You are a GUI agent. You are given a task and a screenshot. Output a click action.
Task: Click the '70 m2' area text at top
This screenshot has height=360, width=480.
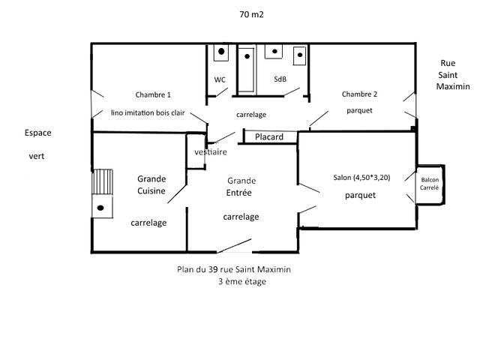(251, 14)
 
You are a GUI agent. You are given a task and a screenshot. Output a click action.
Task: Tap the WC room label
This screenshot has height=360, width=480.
(220, 80)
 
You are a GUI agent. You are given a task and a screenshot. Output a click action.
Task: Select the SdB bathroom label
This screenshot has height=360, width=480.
(280, 79)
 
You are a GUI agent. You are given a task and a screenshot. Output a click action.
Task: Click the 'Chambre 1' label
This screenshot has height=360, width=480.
(153, 95)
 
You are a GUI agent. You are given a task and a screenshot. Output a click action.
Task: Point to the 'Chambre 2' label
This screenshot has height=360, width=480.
(359, 94)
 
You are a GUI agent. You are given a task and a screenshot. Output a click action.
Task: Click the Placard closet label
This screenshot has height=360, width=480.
(269, 136)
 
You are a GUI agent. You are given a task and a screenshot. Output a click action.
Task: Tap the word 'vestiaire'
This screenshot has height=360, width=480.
(211, 151)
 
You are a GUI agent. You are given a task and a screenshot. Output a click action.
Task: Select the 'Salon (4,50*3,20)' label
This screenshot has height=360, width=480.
(361, 178)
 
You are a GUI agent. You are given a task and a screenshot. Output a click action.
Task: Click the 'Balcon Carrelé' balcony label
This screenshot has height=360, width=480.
(430, 184)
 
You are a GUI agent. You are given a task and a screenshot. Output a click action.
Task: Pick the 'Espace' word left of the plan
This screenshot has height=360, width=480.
(38, 133)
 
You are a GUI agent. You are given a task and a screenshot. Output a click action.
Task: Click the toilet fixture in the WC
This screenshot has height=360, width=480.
(221, 52)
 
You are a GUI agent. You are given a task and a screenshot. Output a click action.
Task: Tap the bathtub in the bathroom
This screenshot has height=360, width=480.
(246, 70)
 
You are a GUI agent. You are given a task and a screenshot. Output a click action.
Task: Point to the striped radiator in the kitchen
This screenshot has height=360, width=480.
(102, 181)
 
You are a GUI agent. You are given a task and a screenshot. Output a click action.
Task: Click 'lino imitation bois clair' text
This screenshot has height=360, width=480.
(148, 112)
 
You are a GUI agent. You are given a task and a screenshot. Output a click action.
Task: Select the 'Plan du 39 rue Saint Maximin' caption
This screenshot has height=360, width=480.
(234, 269)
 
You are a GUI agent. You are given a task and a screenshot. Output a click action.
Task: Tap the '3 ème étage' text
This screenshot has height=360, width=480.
(241, 281)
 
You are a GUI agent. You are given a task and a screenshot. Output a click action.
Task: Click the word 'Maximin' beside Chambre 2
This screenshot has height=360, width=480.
(453, 86)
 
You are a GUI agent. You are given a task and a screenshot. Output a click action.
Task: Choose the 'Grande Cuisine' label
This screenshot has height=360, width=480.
(151, 185)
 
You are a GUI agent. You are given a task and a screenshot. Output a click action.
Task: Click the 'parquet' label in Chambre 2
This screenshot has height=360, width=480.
(359, 110)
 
